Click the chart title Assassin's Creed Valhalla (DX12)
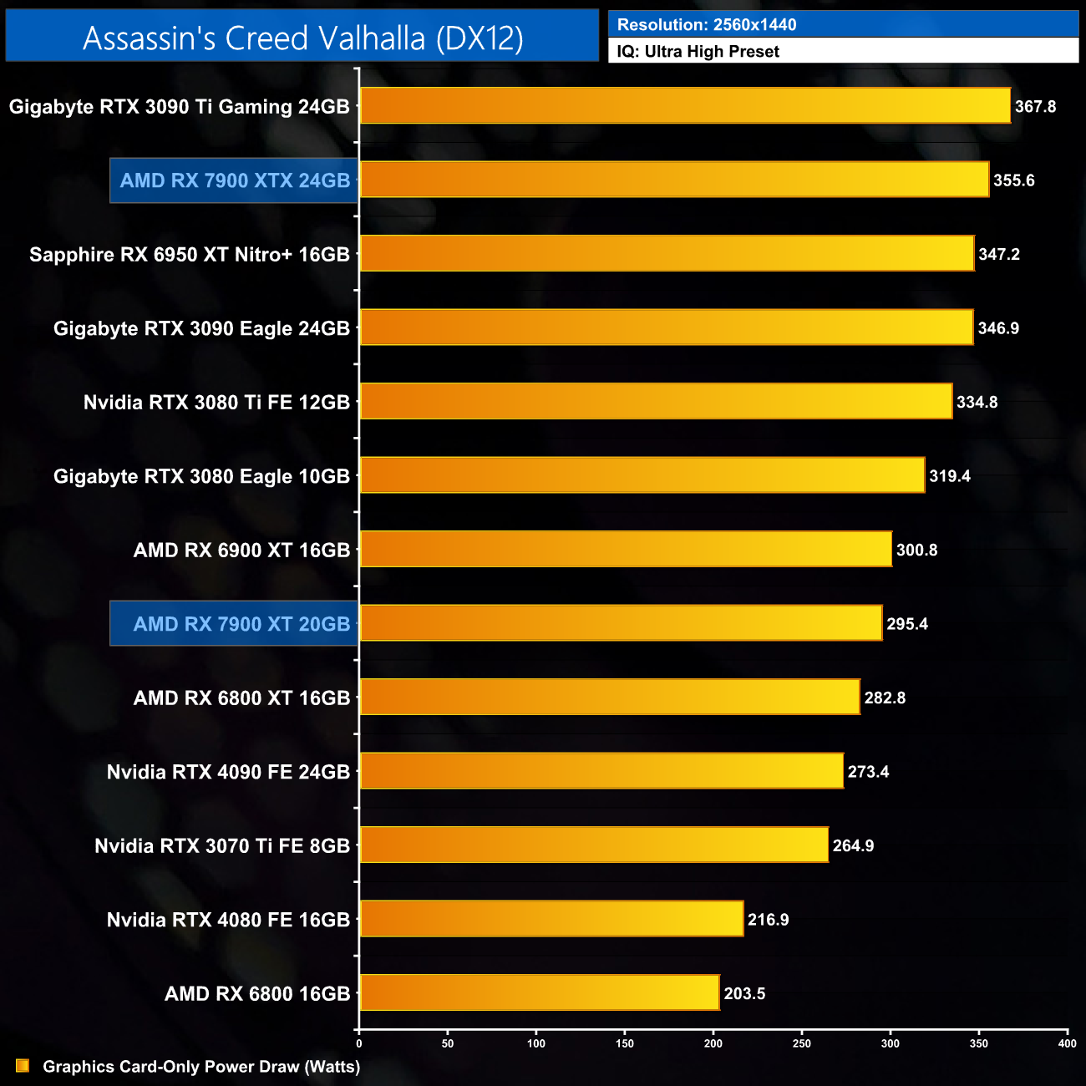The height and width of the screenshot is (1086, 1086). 302,38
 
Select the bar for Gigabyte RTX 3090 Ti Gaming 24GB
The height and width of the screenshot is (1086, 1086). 685,106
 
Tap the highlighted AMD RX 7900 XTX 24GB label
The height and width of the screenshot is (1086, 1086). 235,180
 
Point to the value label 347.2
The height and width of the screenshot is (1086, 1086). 999,254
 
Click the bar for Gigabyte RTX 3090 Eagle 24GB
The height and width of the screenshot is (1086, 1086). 667,327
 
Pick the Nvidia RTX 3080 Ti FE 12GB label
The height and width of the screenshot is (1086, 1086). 216,402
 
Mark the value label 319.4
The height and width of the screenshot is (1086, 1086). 950,476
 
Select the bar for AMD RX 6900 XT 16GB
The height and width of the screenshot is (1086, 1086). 626,550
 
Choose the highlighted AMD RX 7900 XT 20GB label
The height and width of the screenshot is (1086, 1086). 241,624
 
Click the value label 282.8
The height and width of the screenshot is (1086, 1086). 885,698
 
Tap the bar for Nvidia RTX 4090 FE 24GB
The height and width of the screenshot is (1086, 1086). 601,771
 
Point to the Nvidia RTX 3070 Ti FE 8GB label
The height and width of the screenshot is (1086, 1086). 222,845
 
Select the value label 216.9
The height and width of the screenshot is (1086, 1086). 769,920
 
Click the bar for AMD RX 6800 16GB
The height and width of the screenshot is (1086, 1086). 540,993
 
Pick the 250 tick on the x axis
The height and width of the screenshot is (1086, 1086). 802,1043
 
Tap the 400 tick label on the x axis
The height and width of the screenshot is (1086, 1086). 1067,1043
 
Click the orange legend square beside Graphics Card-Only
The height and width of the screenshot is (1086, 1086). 23,1066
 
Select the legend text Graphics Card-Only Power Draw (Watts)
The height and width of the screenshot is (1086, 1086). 201,1067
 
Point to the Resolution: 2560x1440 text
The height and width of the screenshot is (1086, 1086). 707,25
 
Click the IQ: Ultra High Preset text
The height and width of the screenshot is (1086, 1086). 698,52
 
